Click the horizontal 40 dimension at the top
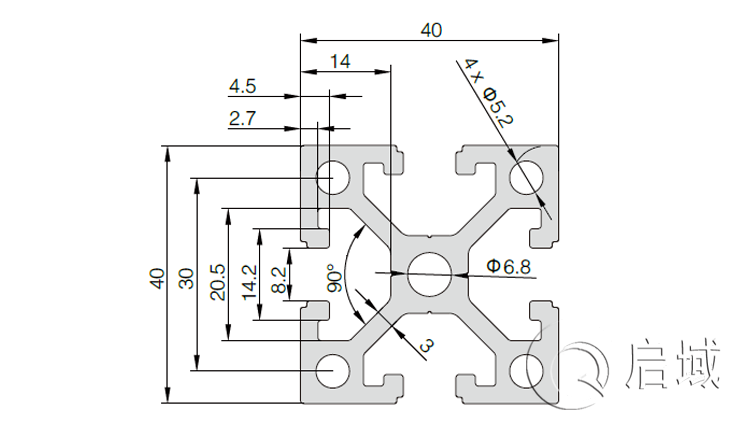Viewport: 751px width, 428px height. tap(431, 30)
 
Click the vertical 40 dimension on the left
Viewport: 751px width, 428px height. tap(156, 277)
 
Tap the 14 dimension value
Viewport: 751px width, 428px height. tap(340, 61)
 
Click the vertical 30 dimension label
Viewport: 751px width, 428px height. tap(186, 277)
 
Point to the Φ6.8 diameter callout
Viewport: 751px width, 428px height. tap(510, 266)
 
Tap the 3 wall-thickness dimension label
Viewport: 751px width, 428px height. tap(427, 346)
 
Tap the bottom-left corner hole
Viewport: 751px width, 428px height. tap(328, 371)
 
